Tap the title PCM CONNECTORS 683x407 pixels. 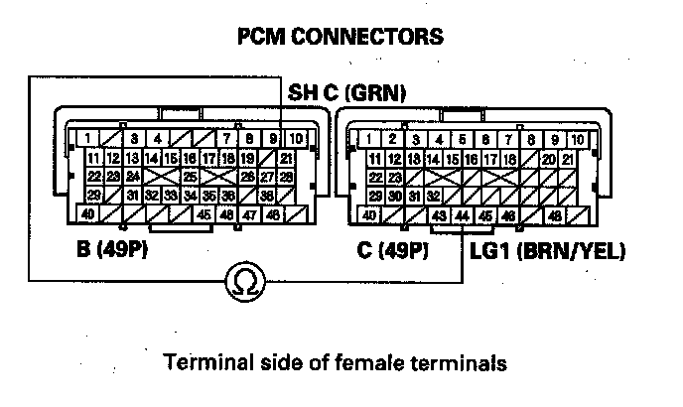pos(341,37)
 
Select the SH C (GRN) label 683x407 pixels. pos(346,94)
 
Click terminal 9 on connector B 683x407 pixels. pos(272,138)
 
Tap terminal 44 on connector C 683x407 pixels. pos(462,215)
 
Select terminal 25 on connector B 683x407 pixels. pos(191,176)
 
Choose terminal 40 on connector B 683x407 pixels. pos(89,213)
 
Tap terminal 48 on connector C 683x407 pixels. pos(554,215)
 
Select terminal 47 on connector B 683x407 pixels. pos(250,213)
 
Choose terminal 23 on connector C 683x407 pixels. pos(393,177)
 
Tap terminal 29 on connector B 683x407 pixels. pos(93,196)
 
